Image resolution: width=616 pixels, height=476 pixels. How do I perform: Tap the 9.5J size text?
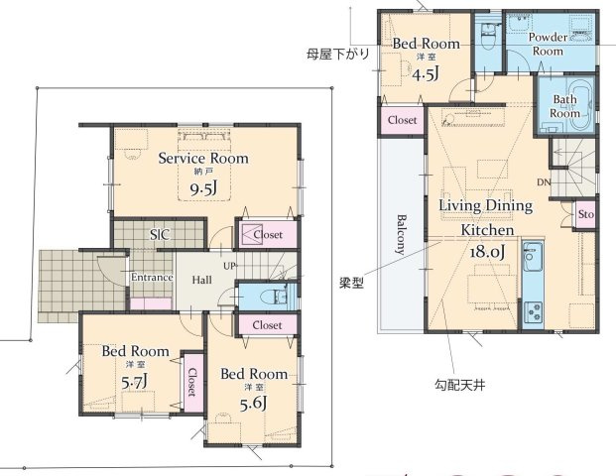(204, 188)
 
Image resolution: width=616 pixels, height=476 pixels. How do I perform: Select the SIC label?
(158, 235)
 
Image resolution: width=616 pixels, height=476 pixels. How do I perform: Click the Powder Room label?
(549, 43)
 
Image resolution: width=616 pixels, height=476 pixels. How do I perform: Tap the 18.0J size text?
(487, 251)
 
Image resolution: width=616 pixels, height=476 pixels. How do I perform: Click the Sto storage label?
(585, 214)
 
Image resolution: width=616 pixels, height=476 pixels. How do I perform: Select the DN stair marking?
(544, 183)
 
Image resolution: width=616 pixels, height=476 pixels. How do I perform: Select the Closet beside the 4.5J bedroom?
(402, 120)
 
